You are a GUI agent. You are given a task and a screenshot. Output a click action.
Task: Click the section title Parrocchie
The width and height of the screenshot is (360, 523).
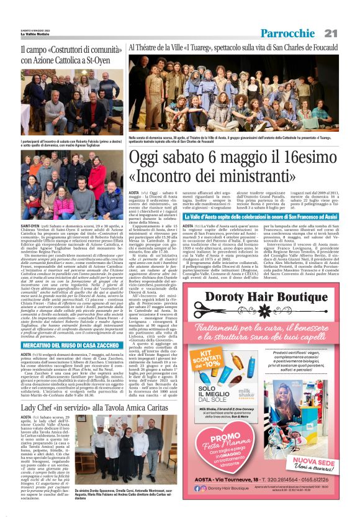click(287, 33)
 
